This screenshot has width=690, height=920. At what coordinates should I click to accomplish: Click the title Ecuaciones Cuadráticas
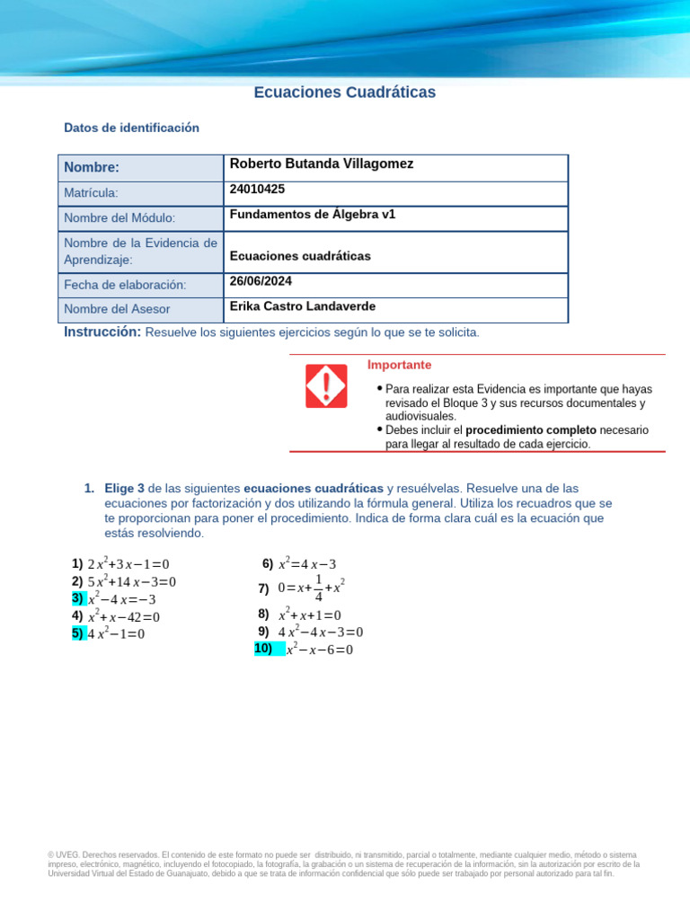click(x=344, y=92)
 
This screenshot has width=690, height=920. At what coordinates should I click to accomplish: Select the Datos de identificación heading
click(x=131, y=128)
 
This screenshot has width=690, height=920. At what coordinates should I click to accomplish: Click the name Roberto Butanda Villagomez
click(x=322, y=164)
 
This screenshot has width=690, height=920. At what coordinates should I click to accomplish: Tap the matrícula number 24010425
click(x=257, y=190)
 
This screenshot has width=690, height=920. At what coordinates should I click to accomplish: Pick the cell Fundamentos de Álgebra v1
click(x=313, y=215)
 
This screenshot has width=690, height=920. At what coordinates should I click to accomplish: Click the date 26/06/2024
click(x=261, y=281)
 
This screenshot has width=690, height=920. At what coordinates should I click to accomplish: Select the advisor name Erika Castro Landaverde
click(x=303, y=306)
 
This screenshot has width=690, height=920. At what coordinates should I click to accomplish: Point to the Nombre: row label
click(x=92, y=168)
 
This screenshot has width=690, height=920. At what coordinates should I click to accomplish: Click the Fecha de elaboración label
click(x=125, y=285)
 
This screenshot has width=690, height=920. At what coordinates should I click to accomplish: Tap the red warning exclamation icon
click(x=326, y=386)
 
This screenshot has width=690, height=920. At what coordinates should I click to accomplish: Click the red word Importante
click(x=399, y=365)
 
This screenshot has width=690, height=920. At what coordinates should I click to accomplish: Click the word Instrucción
click(x=102, y=332)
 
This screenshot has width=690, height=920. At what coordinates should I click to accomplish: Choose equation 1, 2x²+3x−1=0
click(x=128, y=564)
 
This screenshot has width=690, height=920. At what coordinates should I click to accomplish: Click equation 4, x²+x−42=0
click(x=123, y=617)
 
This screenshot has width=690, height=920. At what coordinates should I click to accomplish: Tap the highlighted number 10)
click(x=263, y=649)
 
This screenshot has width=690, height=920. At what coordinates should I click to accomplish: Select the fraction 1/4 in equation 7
click(x=318, y=588)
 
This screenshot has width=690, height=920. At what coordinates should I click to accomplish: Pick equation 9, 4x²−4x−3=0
click(x=320, y=632)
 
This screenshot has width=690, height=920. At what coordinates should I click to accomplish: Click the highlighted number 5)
click(x=77, y=633)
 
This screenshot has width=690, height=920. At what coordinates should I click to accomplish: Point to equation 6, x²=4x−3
click(x=306, y=564)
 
